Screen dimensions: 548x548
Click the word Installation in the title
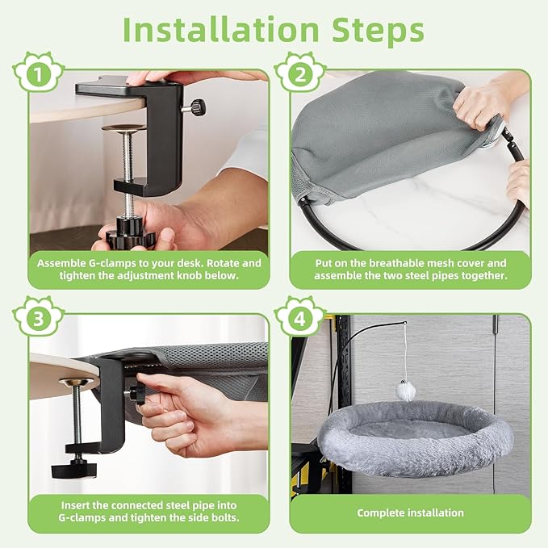pos(220,30)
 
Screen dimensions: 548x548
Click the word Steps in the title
pos(378,31)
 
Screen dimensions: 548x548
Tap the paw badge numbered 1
pos(38,73)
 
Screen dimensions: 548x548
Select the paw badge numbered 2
pos(300,73)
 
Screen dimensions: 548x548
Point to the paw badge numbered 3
pos(38,317)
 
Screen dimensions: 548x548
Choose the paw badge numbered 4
pos(300,317)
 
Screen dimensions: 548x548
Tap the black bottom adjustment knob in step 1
pos(130,235)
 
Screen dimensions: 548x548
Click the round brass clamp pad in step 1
pos(123,128)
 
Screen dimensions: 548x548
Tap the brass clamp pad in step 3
pos(77,382)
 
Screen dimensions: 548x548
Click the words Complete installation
pos(410,512)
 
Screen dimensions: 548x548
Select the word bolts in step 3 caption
pos(225,517)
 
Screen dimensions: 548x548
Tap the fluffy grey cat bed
pos(415,438)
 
